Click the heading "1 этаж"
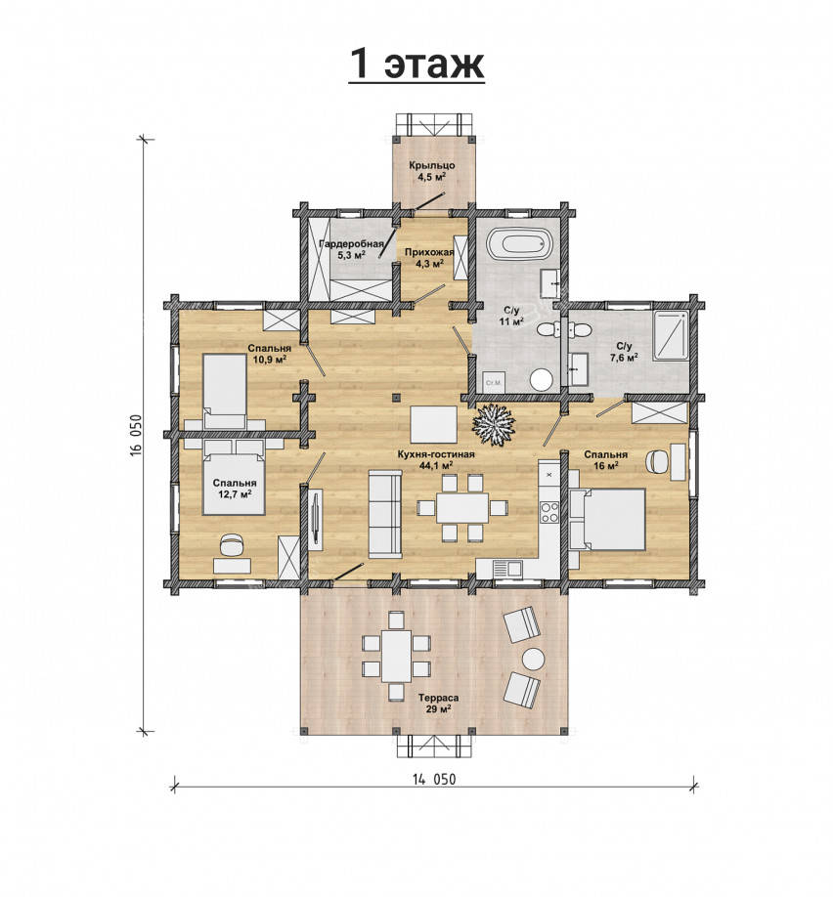pos(416,64)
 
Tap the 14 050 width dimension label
pos(434,779)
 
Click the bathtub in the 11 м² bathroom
pos(520,243)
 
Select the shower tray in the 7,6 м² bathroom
pos(671,336)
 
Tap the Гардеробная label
pos(351,244)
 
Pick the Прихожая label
pos(429,252)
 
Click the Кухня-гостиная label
pos(436,454)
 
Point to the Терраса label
pos(438,698)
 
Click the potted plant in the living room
pos(494,424)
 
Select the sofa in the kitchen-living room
pos(385,513)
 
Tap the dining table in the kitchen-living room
pos(462,507)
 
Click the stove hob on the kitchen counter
pos(549,511)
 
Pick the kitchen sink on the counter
pos(507,568)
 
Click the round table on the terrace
pos(533,659)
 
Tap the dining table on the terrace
pos(396,656)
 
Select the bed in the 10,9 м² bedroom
pos(225,391)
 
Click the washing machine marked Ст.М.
pos(493,382)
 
